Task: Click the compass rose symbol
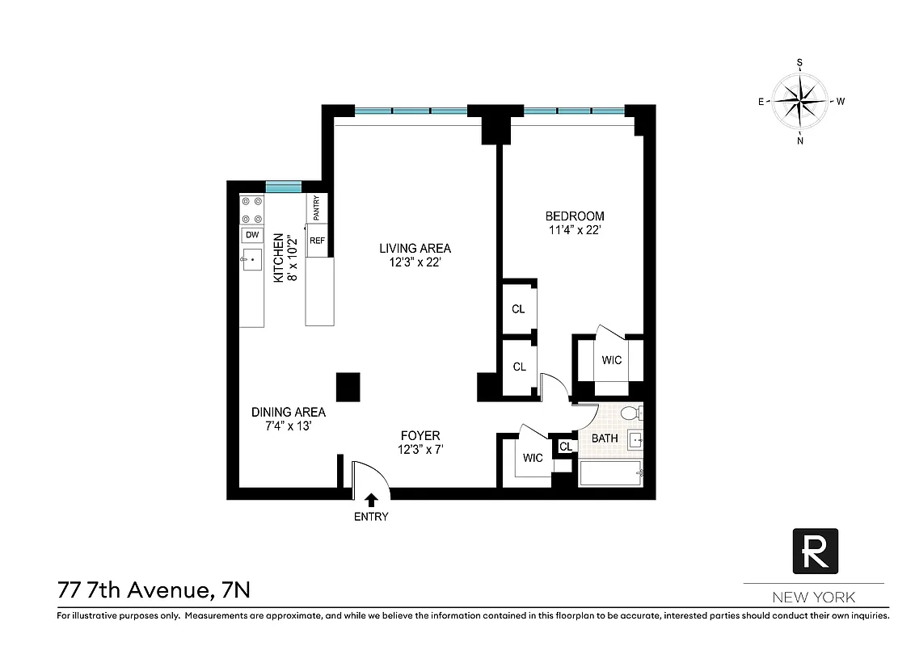point(800,101)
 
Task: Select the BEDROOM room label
point(575,216)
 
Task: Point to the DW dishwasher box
point(252,235)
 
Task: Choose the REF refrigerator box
point(318,241)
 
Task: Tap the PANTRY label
point(317,209)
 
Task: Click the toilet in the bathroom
point(631,414)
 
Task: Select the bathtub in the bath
point(611,472)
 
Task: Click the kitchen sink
point(252,259)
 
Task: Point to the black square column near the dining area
point(348,387)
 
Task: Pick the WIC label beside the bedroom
point(612,360)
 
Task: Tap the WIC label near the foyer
point(533,458)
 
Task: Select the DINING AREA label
point(288,412)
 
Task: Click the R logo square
point(814,552)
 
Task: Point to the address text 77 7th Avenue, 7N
point(154,590)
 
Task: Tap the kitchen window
point(284,187)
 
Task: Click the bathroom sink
point(635,441)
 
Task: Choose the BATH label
point(605,438)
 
